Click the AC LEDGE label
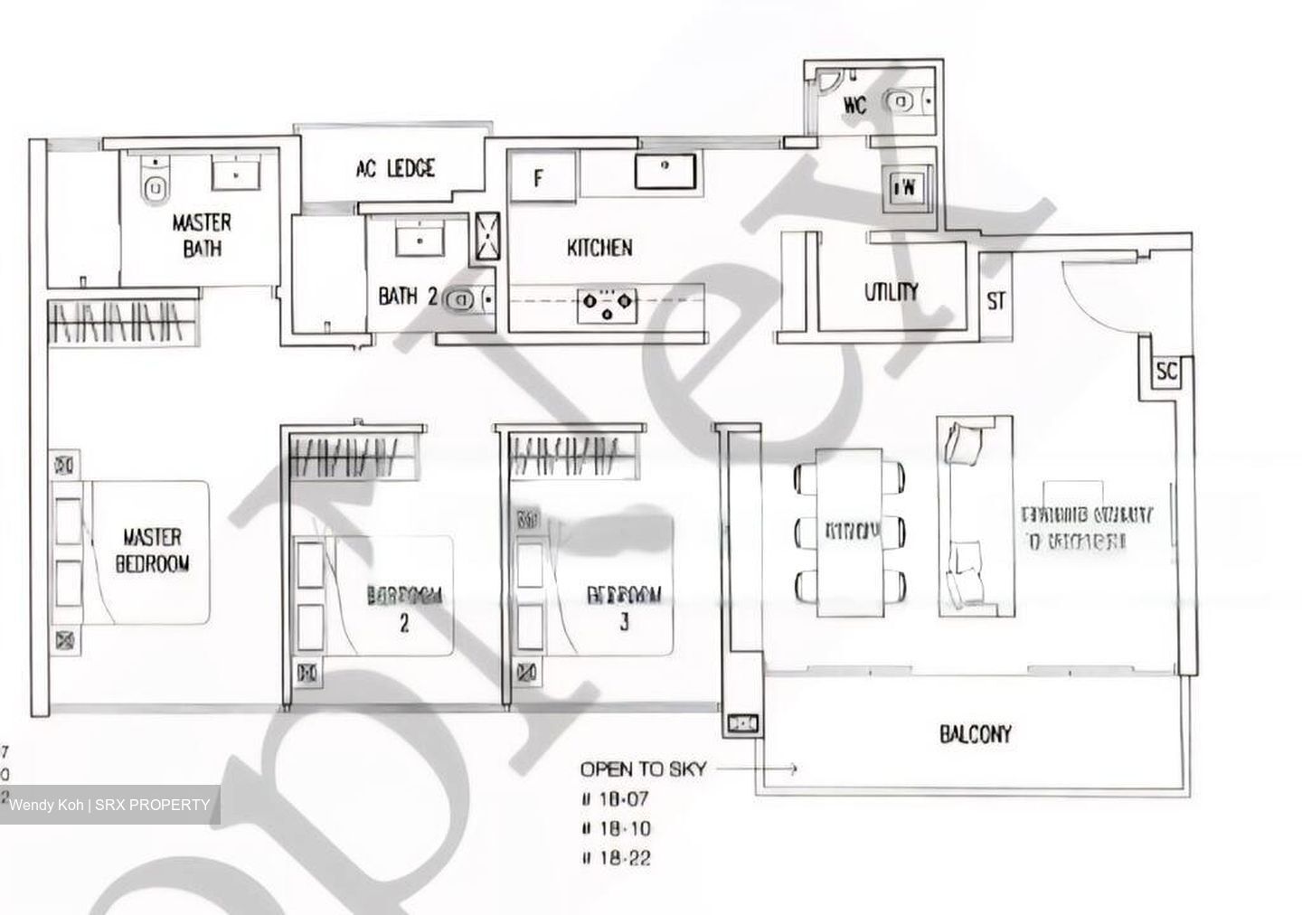[x=395, y=168]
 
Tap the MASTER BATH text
[x=202, y=234]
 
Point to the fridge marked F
[x=541, y=177]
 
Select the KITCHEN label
[x=599, y=248]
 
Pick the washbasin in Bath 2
[x=418, y=241]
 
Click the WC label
[x=854, y=106]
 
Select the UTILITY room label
[x=891, y=291]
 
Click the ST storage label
[x=995, y=301]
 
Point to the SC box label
[x=1166, y=372]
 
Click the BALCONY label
[x=975, y=734]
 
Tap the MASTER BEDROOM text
[x=154, y=550]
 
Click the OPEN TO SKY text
[x=643, y=769]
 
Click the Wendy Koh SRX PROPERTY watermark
[x=109, y=805]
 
